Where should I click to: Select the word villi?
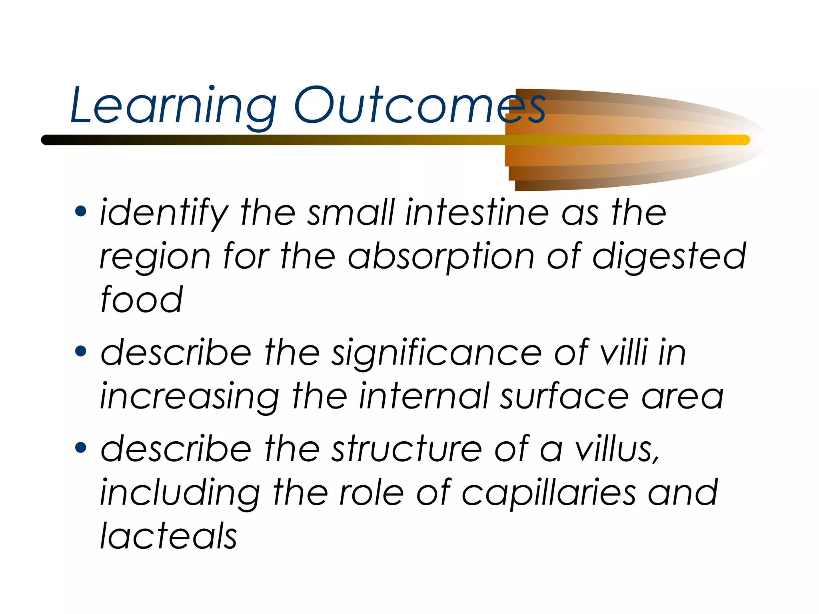point(624,352)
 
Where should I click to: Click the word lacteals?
point(168,536)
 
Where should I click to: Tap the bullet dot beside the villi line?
point(81,351)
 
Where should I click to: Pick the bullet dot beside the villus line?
point(81,447)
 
